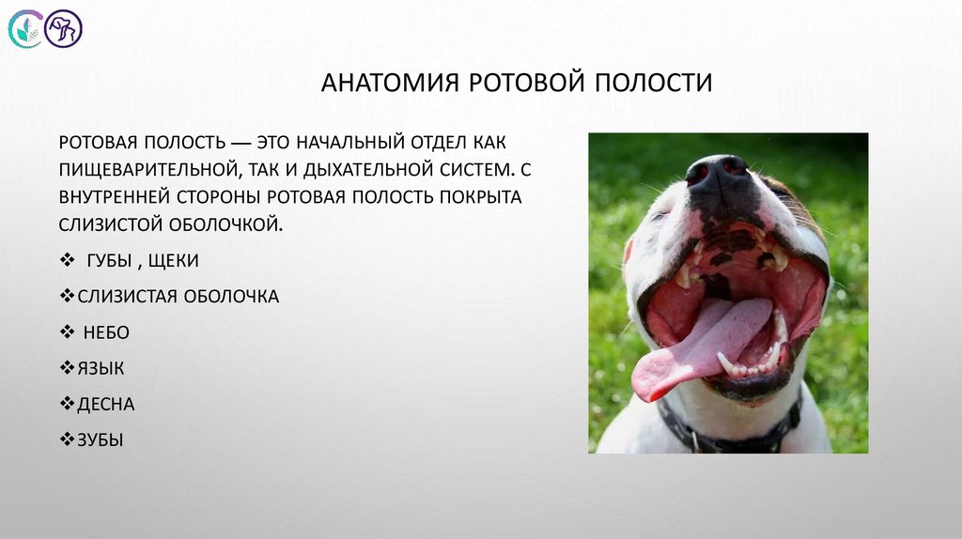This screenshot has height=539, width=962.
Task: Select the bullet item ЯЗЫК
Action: pyautogui.click(x=101, y=368)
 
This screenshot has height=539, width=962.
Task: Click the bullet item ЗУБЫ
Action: pyautogui.click(x=101, y=439)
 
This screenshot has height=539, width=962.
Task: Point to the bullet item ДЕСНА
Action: pyautogui.click(x=106, y=404)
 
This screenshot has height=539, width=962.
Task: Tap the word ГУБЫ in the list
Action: pyautogui.click(x=110, y=261)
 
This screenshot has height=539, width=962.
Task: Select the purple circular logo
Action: pyautogui.click(x=64, y=29)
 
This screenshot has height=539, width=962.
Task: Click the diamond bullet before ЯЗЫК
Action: pyautogui.click(x=67, y=368)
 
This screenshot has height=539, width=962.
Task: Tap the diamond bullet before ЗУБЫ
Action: pyautogui.click(x=67, y=439)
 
